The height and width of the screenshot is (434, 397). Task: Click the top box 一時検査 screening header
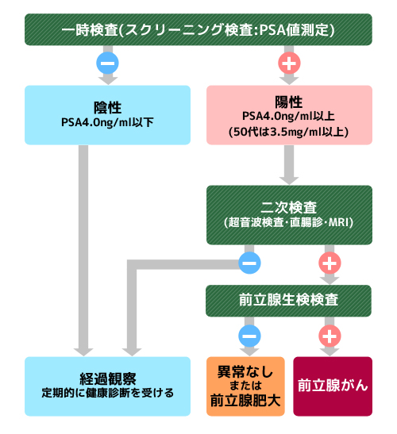pos(198,29)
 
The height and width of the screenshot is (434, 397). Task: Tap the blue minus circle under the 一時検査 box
pos(107,63)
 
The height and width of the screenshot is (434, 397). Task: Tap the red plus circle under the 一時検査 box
pos(289,63)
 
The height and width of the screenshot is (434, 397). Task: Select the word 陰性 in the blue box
pos(107,108)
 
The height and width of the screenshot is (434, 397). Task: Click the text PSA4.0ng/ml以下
pos(107,122)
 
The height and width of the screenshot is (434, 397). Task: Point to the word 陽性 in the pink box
pos(289,102)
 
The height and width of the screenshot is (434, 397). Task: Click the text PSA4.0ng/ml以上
pos(289,117)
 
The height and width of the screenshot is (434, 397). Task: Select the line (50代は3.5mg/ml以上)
pos(289,132)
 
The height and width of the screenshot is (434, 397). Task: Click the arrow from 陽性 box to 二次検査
pos(289,165)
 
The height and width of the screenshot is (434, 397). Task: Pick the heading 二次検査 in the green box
pos(289,207)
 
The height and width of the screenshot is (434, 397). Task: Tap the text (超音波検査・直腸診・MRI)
pos(289,222)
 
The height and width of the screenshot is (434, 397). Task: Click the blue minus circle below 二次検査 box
pos(249,263)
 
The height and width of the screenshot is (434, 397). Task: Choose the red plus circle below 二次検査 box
pos(330,263)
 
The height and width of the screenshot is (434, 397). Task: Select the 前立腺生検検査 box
pos(288,301)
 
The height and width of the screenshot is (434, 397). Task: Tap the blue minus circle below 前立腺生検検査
pos(249,336)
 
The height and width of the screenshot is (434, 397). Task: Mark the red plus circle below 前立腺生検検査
pos(330,336)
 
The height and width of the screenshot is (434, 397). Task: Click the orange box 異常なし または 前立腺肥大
pos(245,386)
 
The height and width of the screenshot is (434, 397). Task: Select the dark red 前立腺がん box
pos(333,386)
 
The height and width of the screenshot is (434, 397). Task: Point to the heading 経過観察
pos(108,379)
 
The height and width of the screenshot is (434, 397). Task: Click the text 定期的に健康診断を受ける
pos(107,393)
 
